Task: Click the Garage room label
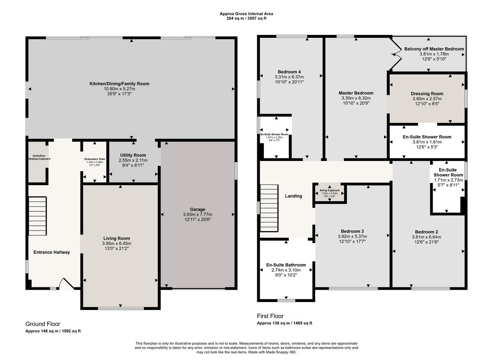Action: [x=197, y=209]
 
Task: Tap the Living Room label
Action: [x=120, y=238]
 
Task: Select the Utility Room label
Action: [x=134, y=155]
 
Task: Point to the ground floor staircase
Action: [x=37, y=216]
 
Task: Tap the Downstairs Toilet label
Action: [x=94, y=158]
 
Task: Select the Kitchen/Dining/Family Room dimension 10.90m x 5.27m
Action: [x=120, y=89]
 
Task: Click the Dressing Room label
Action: [x=427, y=94]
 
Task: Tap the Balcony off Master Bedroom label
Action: [x=434, y=49]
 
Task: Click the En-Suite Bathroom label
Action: [x=286, y=265]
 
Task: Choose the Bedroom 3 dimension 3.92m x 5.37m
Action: [x=352, y=236]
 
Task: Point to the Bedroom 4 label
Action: [x=289, y=71]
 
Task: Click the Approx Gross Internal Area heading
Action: [x=246, y=14]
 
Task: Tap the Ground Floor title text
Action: [x=43, y=324]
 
